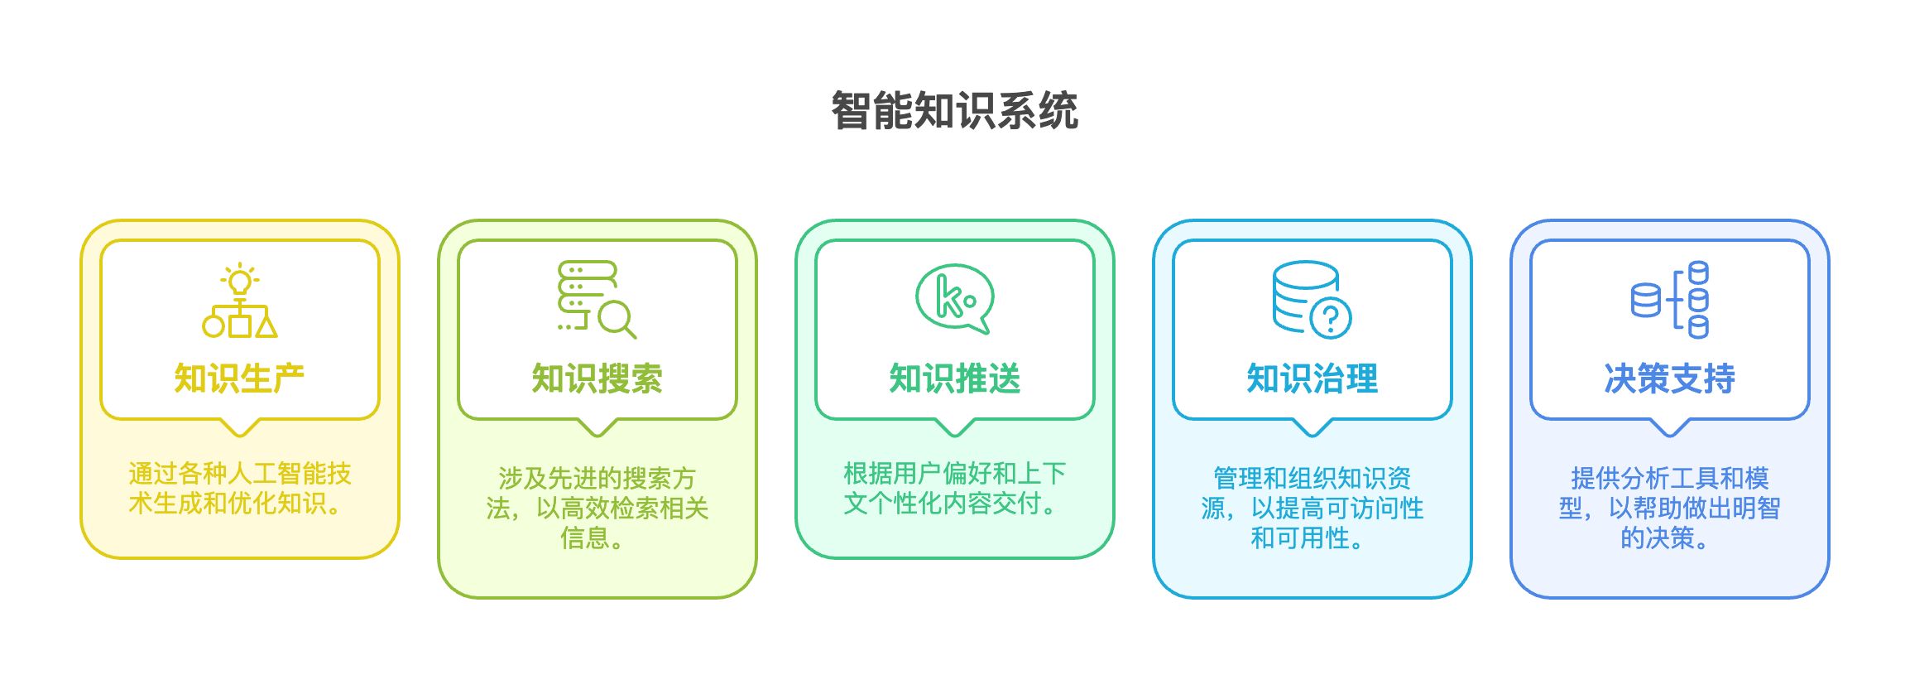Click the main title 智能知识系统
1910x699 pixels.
point(954,111)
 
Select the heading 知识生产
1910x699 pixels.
point(239,378)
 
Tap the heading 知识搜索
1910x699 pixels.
point(597,378)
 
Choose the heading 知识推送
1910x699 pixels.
point(954,378)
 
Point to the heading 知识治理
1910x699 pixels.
point(1312,378)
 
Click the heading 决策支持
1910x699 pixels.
point(1669,378)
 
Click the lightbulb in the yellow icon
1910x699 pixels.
point(240,282)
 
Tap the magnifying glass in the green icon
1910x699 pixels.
point(616,319)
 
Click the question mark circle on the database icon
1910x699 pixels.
point(1331,317)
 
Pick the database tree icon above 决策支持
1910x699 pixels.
point(1670,299)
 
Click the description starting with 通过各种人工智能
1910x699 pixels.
point(239,489)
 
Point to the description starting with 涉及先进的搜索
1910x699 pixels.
point(597,508)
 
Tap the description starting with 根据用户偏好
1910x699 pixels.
point(954,489)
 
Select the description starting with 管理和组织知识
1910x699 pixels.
point(1312,508)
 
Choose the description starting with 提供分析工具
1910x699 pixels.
point(1669,508)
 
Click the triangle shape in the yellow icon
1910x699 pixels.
point(266,326)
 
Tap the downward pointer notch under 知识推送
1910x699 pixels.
point(954,427)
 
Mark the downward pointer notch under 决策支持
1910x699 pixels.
point(1669,427)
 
